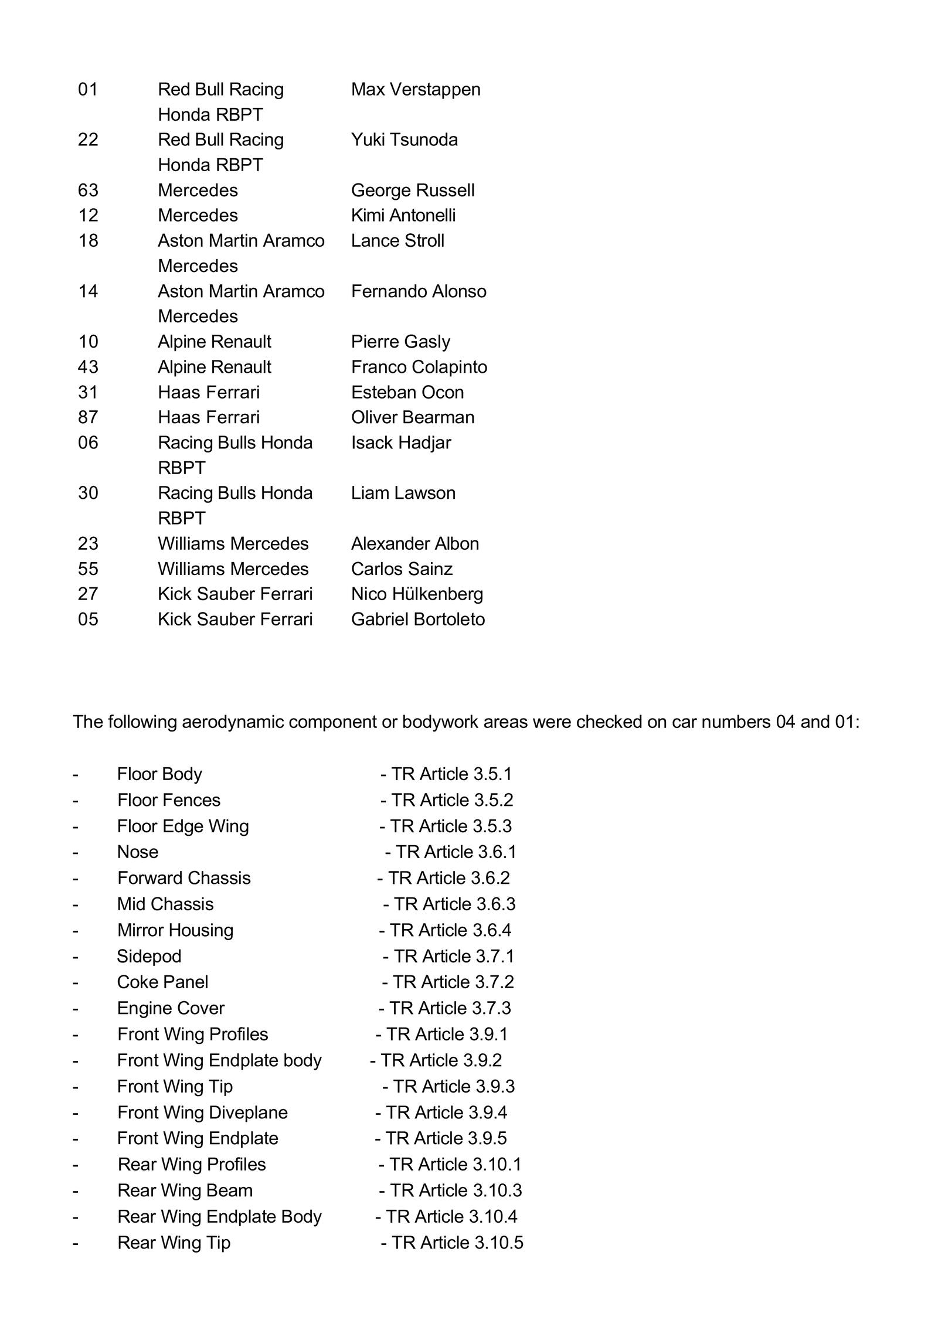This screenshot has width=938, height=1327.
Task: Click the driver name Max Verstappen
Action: pos(415,89)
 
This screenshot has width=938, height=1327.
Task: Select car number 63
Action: pos(88,190)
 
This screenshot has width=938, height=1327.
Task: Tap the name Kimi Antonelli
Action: pos(403,215)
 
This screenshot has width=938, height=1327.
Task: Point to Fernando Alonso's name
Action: pos(418,291)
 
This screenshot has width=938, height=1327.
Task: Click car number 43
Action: pos(88,366)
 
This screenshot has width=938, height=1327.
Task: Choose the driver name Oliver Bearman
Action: pos(412,417)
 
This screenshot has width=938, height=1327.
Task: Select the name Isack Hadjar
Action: pos(400,442)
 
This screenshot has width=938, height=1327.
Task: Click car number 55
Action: pos(88,569)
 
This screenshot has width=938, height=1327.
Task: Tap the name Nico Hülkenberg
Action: pos(417,594)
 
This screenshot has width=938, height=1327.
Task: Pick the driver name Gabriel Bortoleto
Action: pos(417,619)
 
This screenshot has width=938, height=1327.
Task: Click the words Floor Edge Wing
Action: pos(183,826)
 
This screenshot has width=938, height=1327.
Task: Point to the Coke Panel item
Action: pos(162,982)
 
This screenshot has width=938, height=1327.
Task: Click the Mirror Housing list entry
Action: pos(175,930)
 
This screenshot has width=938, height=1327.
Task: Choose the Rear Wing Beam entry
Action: pos(185,1190)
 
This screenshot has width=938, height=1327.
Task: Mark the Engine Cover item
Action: pos(171,1008)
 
